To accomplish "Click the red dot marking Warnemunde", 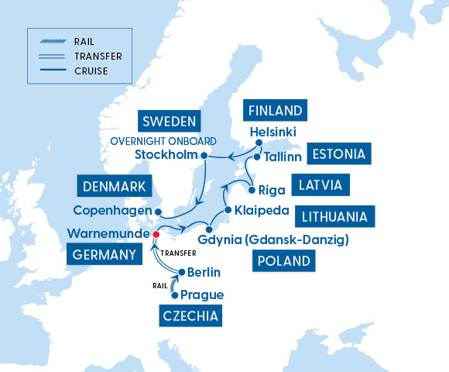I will pos(156,233).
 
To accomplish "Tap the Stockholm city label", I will pos(166,156).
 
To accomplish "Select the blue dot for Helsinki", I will pos(259,143).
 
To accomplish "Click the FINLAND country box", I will pos(275,109).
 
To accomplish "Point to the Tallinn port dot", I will pos(257,157).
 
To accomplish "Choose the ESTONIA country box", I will pos(338,153).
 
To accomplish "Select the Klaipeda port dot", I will pos(228,210).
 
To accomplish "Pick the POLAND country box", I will pos(283,261).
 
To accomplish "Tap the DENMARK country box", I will pos(115,186).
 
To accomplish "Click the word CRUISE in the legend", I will pos(91,71).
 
